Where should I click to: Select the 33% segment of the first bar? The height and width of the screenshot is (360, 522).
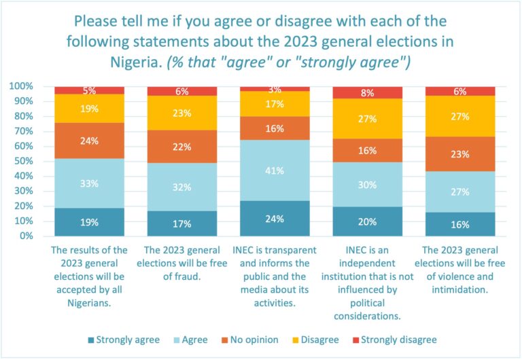pyautogui.click(x=89, y=183)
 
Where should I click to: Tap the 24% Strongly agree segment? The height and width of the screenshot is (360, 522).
pyautogui.click(x=275, y=219)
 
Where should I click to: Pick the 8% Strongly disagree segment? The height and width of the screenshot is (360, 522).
pyautogui.click(x=367, y=93)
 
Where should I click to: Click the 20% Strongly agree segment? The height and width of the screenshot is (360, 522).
pyautogui.click(x=367, y=221)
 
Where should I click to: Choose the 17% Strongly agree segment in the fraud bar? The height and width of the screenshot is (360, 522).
pyautogui.click(x=181, y=223)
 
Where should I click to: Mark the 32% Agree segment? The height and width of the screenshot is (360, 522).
pyautogui.click(x=181, y=187)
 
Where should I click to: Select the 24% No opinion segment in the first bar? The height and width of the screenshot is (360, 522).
pyautogui.click(x=89, y=142)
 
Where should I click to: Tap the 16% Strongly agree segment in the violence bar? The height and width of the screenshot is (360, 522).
pyautogui.click(x=460, y=224)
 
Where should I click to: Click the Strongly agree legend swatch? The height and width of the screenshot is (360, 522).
pyautogui.click(x=90, y=339)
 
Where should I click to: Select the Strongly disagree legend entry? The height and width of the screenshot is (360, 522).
pyautogui.click(x=396, y=339)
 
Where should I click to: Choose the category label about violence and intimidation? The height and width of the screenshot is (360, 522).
pyautogui.click(x=460, y=270)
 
